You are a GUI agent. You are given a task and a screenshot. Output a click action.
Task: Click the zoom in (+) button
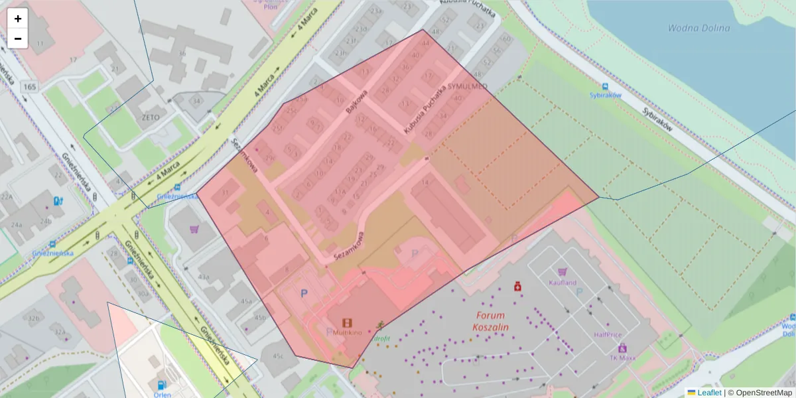18,19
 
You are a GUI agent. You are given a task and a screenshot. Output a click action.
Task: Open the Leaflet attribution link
708,393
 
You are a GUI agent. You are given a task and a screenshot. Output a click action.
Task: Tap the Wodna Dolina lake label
698,28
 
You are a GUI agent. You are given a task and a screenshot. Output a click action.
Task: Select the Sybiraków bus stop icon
605,86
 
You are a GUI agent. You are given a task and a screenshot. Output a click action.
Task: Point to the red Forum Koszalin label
490,322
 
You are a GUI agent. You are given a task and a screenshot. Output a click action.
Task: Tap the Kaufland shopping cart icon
563,272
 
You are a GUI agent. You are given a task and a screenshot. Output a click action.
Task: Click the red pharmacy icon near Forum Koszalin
516,287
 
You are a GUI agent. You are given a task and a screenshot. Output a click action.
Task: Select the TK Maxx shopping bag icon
622,348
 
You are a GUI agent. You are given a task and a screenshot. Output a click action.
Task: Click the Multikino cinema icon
347,323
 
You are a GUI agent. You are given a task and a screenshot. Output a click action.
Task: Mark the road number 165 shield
29,87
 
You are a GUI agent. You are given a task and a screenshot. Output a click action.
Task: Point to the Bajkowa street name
349,103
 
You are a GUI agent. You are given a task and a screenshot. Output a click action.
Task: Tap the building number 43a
204,277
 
